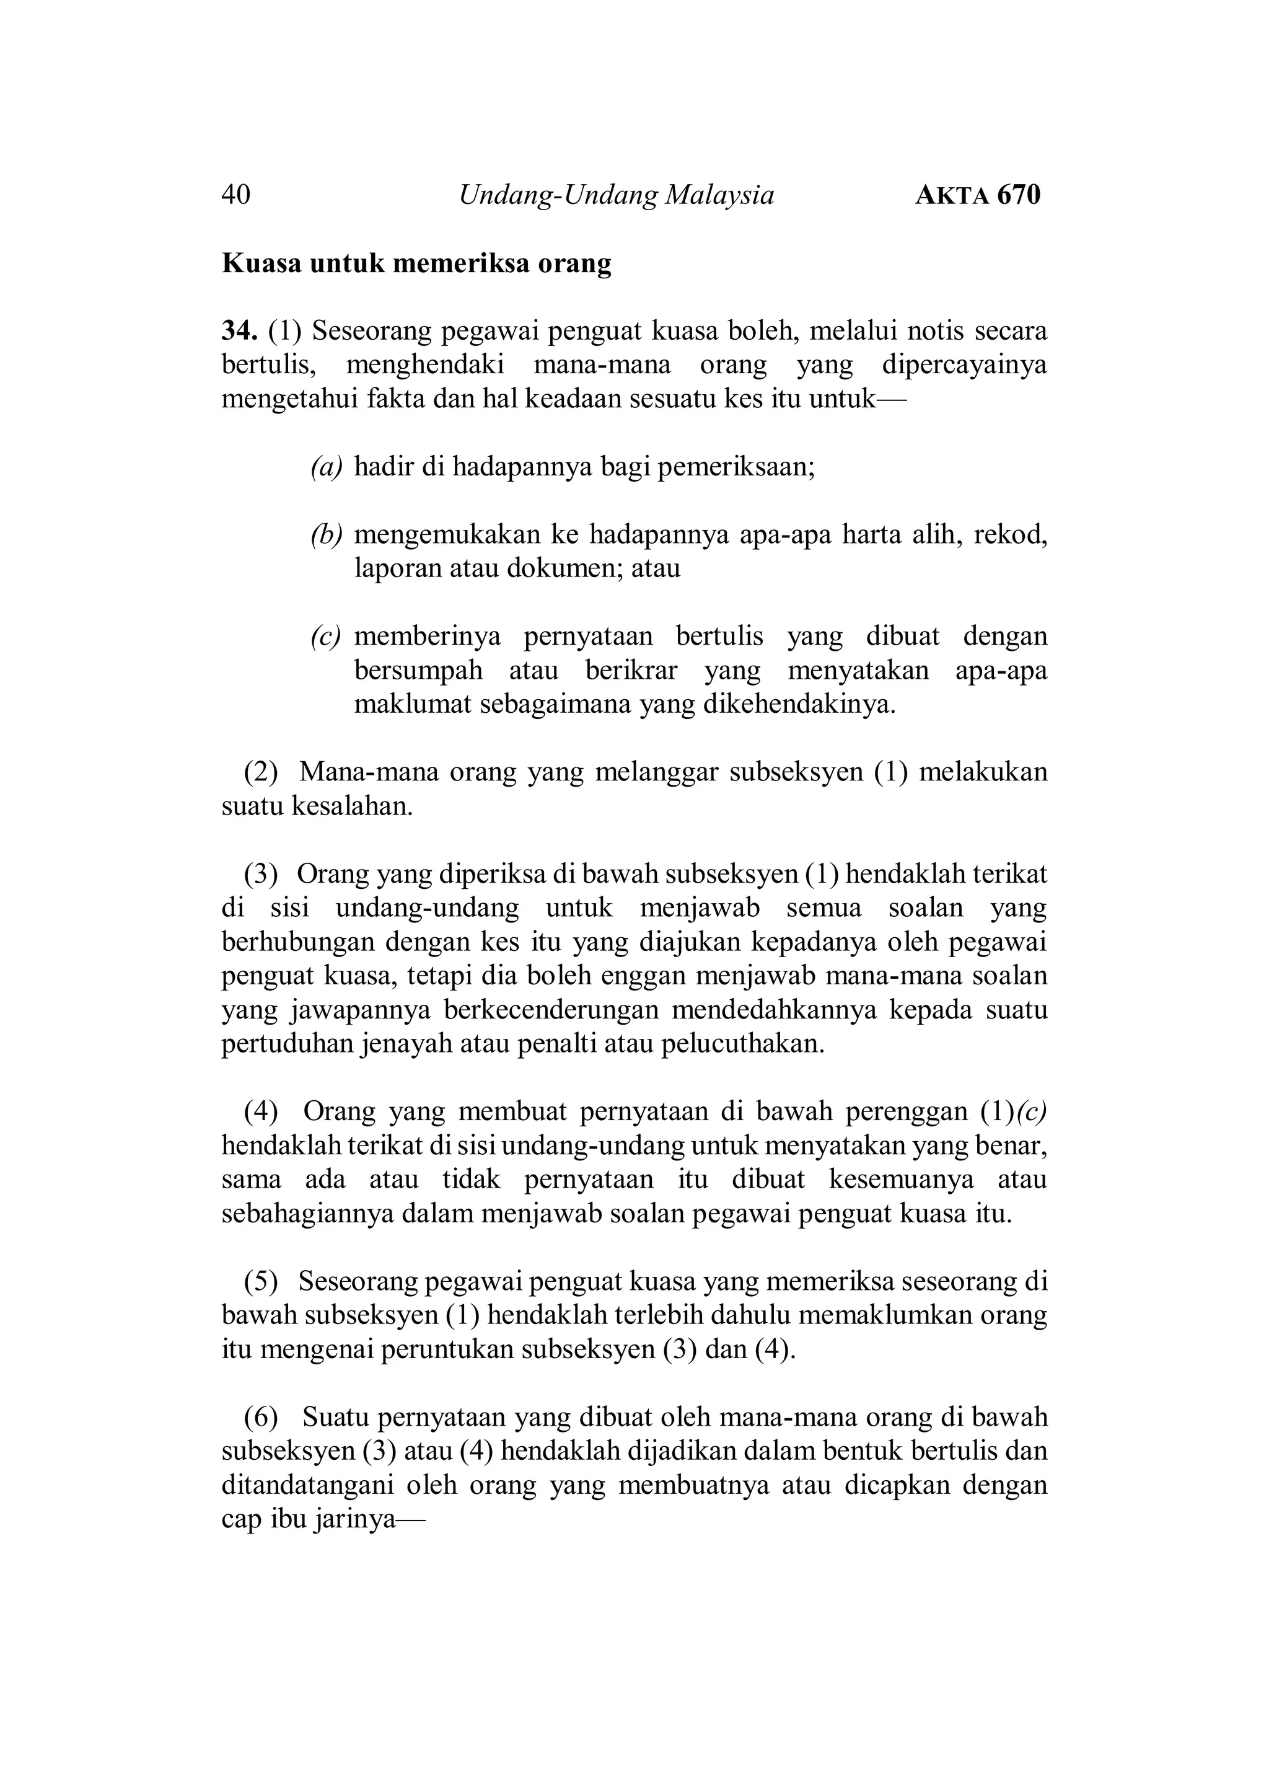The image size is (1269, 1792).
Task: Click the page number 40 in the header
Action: click(x=236, y=195)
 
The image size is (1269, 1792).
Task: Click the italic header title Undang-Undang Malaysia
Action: click(x=616, y=195)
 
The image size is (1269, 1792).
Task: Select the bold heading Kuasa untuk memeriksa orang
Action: click(x=416, y=263)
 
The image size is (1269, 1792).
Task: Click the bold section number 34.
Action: click(x=239, y=332)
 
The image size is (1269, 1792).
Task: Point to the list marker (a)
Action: click(x=327, y=467)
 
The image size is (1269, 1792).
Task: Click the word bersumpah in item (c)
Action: click(x=418, y=671)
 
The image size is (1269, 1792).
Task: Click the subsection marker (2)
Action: click(x=261, y=772)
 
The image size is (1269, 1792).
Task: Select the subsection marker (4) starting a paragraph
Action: click(x=261, y=1111)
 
